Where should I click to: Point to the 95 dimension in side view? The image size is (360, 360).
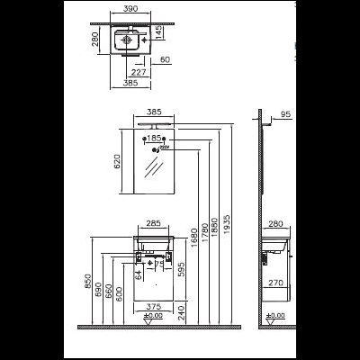tap(284, 114)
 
